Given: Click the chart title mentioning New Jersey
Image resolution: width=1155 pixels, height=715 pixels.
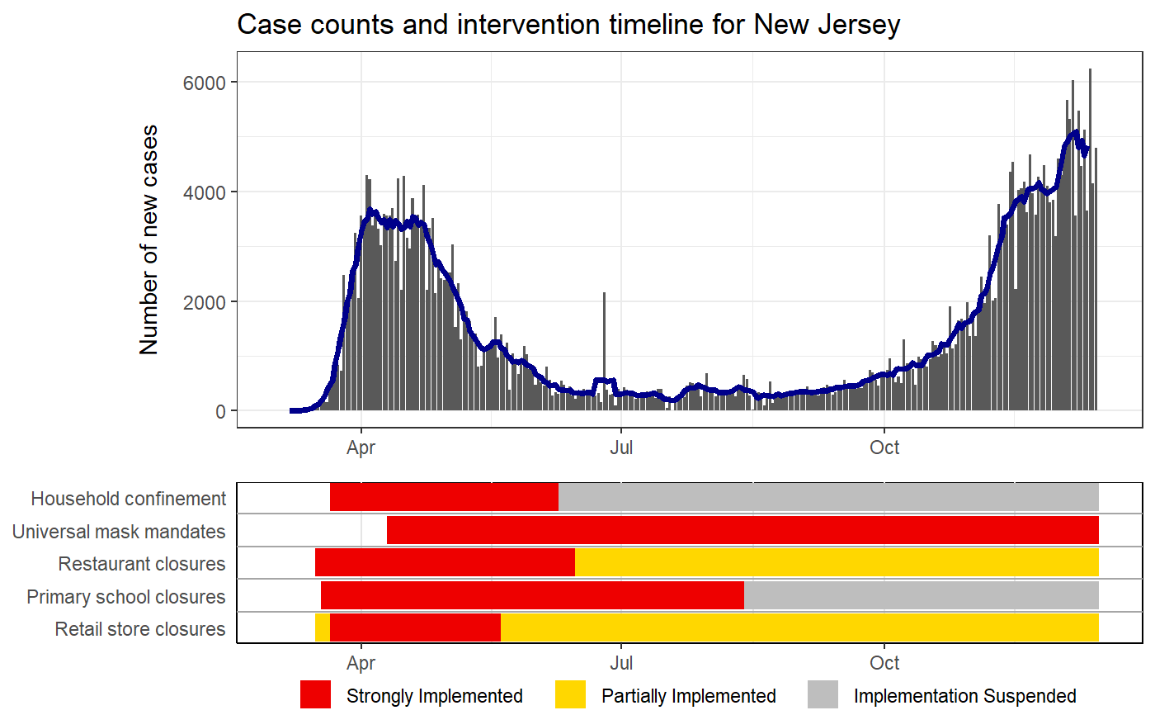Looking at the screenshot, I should coord(568,26).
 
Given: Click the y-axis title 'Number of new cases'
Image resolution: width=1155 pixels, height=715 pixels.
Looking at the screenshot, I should coord(148,239).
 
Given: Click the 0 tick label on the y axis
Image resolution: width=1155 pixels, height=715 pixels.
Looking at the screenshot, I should coord(220,411).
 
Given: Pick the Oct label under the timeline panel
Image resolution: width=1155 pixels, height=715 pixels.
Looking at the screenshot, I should coord(884,662).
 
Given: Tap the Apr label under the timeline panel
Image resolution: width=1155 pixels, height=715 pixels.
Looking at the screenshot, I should coord(361,662).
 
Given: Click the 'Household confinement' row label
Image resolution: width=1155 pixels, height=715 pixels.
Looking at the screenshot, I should coord(128,499).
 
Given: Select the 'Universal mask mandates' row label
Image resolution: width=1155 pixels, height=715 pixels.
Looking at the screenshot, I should coord(119,532).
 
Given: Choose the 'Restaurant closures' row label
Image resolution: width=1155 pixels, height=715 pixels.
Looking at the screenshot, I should coord(141,564).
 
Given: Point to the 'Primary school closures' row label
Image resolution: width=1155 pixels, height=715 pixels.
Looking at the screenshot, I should coord(125,597).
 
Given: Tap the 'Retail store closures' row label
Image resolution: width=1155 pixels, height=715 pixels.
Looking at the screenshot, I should coord(139,629).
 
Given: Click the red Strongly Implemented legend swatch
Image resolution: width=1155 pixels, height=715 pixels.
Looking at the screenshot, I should coord(315,695).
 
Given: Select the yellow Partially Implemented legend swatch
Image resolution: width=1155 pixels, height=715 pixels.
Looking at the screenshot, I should coord(570,695).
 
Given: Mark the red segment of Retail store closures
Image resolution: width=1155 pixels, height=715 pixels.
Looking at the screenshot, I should coord(415,628).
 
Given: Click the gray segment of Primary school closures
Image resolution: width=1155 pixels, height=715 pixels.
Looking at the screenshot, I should coord(921,595).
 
